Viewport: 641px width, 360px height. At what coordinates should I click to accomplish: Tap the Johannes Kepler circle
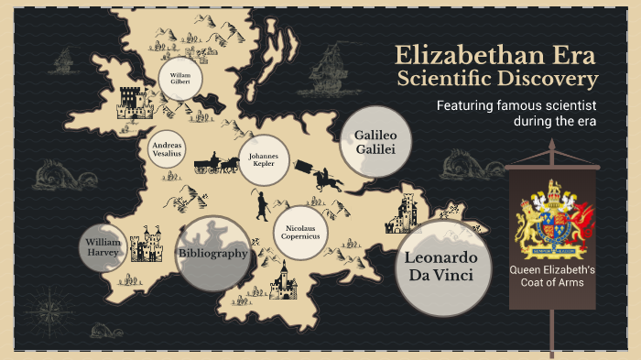264,161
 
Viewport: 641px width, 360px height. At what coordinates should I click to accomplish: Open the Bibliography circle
212,253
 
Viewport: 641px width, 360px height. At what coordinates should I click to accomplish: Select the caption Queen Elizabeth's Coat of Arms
553,276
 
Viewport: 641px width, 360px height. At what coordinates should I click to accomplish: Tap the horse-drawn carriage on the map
215,165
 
